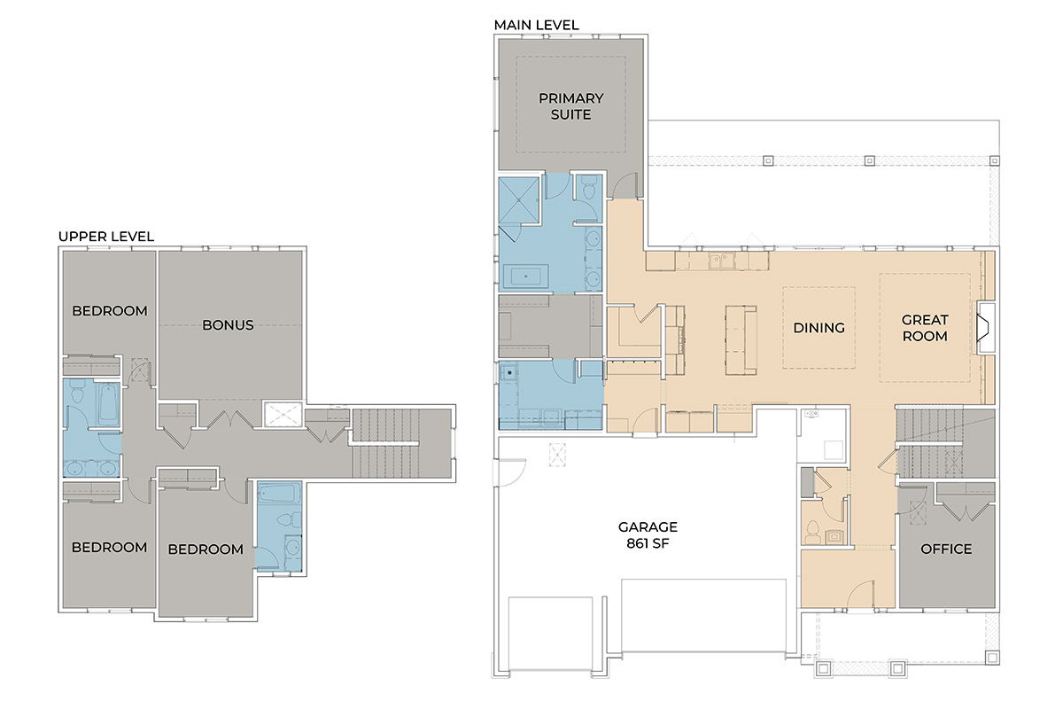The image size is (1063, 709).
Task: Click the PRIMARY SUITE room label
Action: pyautogui.click(x=570, y=106)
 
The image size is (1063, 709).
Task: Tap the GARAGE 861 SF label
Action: pyautogui.click(x=648, y=534)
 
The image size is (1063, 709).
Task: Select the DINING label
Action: pyautogui.click(x=819, y=328)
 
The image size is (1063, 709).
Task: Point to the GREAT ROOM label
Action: pyautogui.click(x=925, y=328)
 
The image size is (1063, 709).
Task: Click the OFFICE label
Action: pyautogui.click(x=946, y=549)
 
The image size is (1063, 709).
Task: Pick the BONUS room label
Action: pyautogui.click(x=228, y=325)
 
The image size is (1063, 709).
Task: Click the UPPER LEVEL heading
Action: pyautogui.click(x=106, y=237)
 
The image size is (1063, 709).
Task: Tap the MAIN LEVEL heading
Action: pyautogui.click(x=536, y=25)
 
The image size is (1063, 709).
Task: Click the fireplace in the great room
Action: pyautogui.click(x=985, y=327)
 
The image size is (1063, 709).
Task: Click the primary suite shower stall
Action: pyautogui.click(x=519, y=200)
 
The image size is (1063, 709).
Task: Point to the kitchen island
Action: pyautogui.click(x=741, y=340)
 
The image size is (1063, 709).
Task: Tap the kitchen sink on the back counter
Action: pyautogui.click(x=722, y=261)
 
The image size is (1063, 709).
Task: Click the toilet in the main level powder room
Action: pyautogui.click(x=812, y=532)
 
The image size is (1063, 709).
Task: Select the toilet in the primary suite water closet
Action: pyautogui.click(x=589, y=190)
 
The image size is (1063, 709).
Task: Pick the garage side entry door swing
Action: pyautogui.click(x=510, y=472)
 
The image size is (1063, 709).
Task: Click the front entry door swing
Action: pyautogui.click(x=860, y=594)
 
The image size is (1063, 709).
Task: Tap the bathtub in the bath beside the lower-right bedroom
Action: pyautogui.click(x=280, y=494)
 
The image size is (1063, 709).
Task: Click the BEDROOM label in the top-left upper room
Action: pyautogui.click(x=110, y=311)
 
